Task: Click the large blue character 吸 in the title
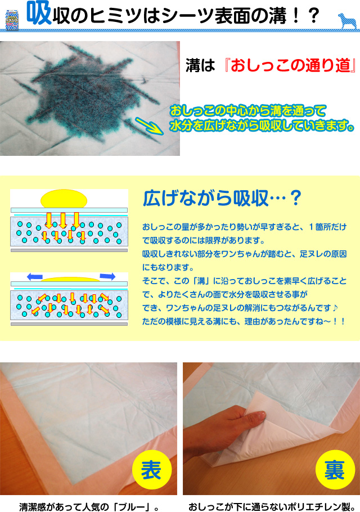[x=38, y=13]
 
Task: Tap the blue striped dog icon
[x=347, y=21]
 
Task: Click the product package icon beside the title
[x=12, y=20]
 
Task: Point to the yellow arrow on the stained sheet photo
[x=150, y=126]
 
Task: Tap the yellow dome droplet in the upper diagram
[x=64, y=199]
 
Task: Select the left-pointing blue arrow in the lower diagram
[x=35, y=277]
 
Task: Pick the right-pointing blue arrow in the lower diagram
[x=107, y=276]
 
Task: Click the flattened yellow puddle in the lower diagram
[x=70, y=279]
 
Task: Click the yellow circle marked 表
[x=152, y=470]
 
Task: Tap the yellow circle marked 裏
[x=335, y=470]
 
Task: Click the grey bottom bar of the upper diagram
[x=69, y=250]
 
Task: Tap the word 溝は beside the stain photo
[x=200, y=65]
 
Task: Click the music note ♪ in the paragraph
[x=335, y=308]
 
